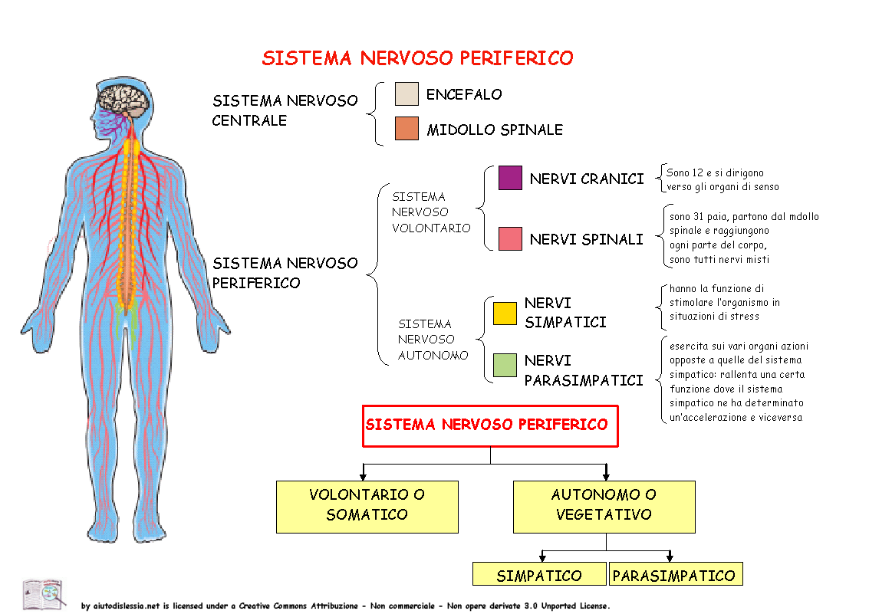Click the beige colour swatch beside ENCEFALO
(x=407, y=94)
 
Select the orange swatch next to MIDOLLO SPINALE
(x=407, y=129)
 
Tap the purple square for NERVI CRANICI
(x=510, y=178)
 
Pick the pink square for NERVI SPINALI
(x=510, y=238)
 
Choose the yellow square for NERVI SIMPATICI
(x=505, y=314)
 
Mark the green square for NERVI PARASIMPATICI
(x=505, y=366)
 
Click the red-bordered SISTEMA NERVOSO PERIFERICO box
(x=490, y=425)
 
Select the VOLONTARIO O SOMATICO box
(x=367, y=507)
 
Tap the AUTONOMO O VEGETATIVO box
(x=604, y=507)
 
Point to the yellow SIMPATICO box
(x=539, y=573)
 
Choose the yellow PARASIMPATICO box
(x=676, y=573)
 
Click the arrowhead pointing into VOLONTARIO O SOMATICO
(x=363, y=475)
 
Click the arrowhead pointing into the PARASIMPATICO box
(x=670, y=557)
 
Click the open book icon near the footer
(x=43, y=593)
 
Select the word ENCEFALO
(x=464, y=95)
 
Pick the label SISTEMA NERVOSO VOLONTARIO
(x=430, y=212)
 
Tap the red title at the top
(x=417, y=57)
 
